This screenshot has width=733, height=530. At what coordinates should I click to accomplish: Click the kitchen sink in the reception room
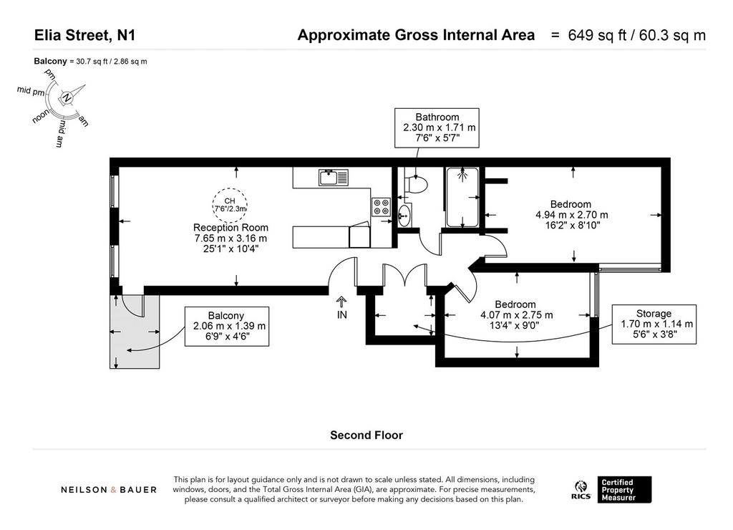(334, 178)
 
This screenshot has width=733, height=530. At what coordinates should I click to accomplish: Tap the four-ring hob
(381, 207)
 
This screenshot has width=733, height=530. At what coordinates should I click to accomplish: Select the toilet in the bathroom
(416, 184)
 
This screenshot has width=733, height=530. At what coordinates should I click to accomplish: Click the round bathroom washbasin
(405, 216)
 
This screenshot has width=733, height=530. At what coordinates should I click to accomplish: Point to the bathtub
(462, 197)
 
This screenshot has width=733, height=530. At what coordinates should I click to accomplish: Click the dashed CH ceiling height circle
(230, 205)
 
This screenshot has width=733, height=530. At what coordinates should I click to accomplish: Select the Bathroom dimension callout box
(437, 127)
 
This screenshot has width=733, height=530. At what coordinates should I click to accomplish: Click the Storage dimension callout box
(654, 324)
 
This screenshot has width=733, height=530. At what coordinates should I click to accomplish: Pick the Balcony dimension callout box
(227, 327)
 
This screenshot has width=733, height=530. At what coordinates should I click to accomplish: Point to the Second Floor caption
(366, 435)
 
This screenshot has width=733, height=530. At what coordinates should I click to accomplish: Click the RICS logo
(581, 490)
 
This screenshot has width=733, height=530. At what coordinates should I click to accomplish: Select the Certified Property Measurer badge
(624, 490)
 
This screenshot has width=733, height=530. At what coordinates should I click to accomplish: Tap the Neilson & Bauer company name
(109, 490)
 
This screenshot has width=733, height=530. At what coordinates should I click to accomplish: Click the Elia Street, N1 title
(84, 35)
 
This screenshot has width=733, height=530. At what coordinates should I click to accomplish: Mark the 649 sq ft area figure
(597, 35)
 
